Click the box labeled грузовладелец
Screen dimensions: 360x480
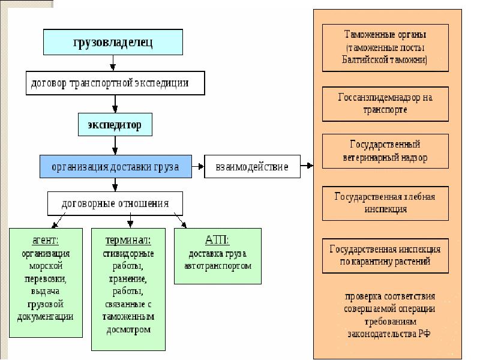tap(113, 42)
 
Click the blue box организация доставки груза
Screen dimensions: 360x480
tap(115, 166)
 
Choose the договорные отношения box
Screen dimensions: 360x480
tap(115, 203)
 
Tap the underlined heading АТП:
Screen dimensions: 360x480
tap(217, 240)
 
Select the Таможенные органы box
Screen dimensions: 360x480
tap(385, 47)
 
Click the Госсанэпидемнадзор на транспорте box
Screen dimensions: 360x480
tap(385, 103)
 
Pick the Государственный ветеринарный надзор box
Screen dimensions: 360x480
tap(385, 151)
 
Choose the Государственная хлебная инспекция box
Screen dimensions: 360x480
tap(385, 203)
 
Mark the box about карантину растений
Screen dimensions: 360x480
tap(385, 255)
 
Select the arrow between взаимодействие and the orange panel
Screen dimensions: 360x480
tap(308, 166)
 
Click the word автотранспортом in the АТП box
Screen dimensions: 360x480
tap(217, 265)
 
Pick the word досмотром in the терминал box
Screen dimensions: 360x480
tap(128, 329)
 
